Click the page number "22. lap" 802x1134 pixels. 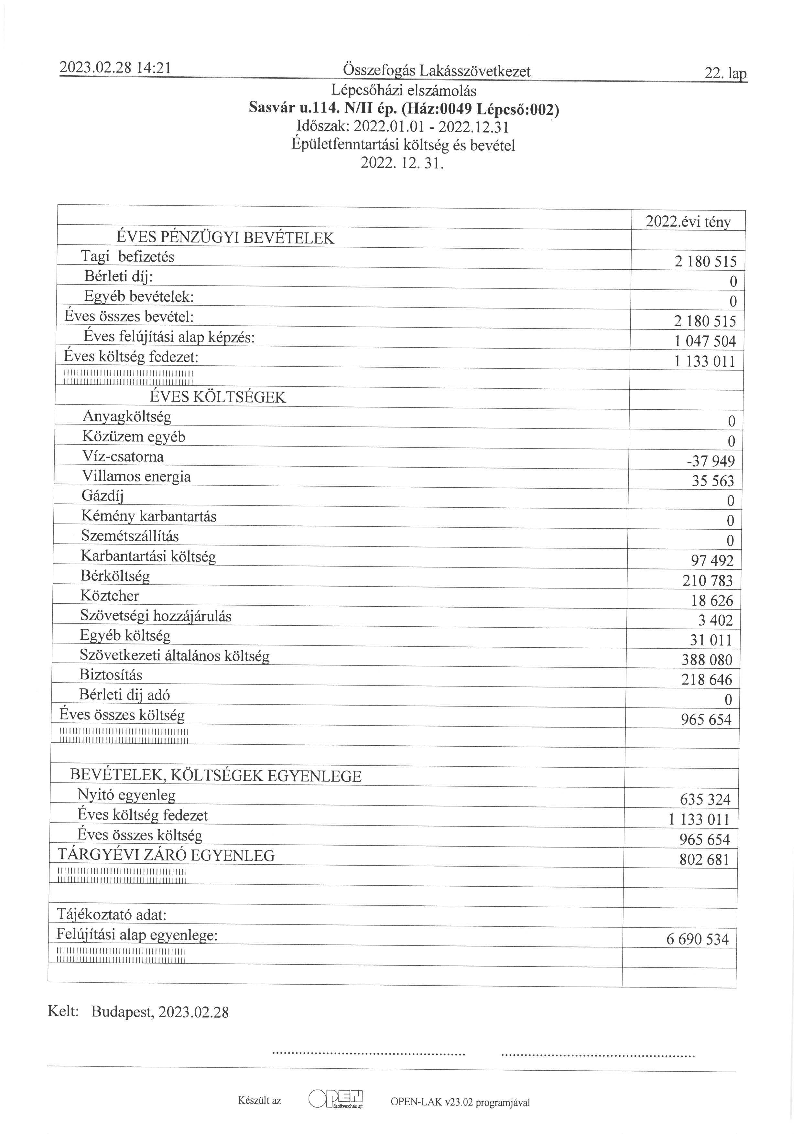725,74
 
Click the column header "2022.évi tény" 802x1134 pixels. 688,222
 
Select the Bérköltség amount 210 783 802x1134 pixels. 707,581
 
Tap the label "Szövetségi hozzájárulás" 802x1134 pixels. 155,616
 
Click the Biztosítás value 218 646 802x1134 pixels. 707,680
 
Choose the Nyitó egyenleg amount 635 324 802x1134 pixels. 705,800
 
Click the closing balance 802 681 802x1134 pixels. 704,860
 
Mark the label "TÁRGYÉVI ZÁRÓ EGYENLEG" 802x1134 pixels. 166,856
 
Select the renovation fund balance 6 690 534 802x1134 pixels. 697,939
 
